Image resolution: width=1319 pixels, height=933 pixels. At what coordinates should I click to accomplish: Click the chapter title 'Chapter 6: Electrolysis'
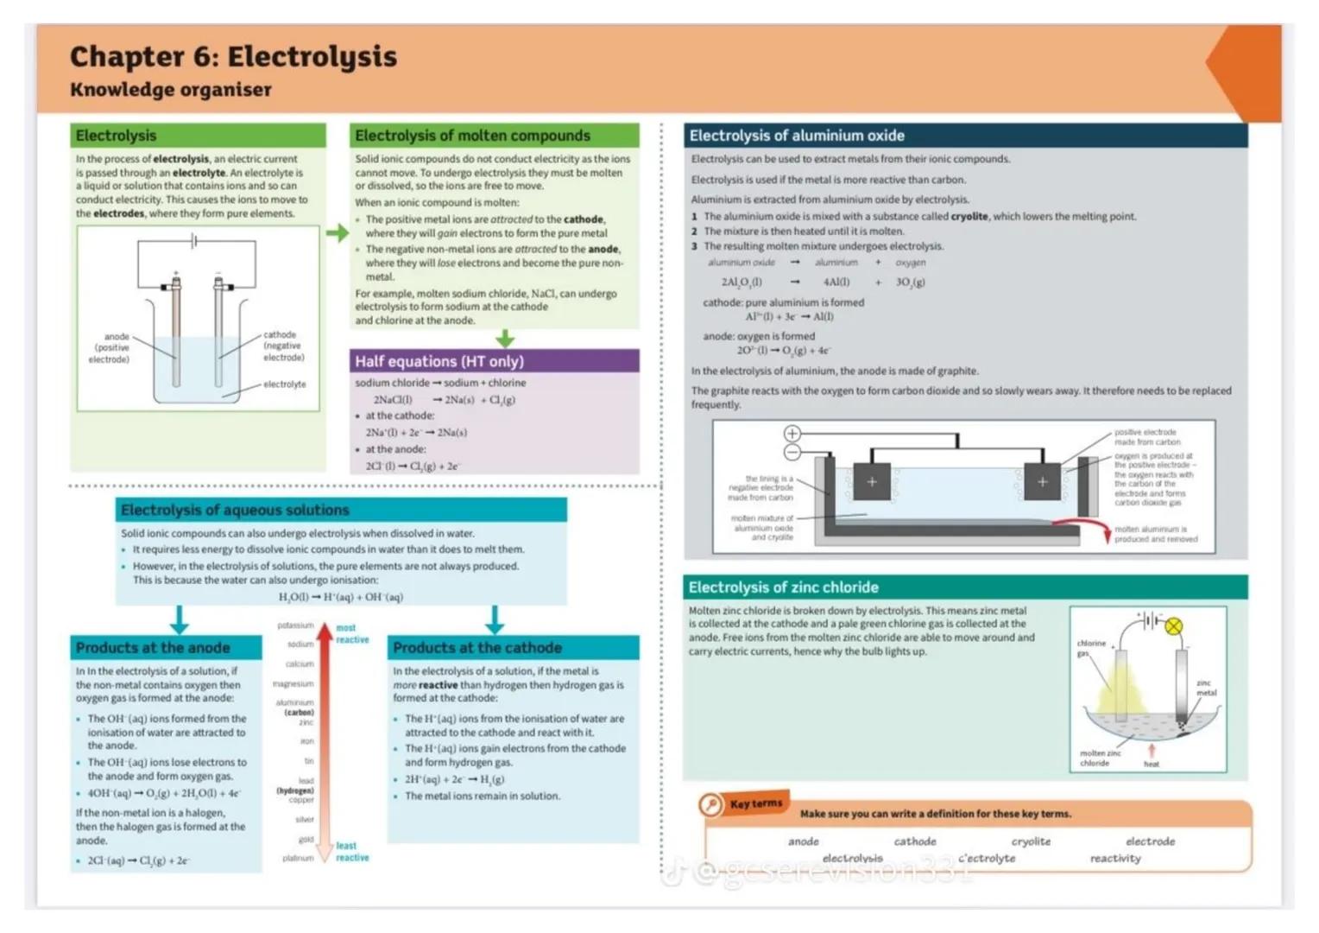[233, 57]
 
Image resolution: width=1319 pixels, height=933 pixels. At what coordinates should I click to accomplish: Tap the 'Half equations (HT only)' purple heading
[439, 361]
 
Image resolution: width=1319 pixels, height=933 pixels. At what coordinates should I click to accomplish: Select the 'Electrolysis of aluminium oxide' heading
[796, 136]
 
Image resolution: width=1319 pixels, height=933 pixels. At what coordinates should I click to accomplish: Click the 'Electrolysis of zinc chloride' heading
[783, 587]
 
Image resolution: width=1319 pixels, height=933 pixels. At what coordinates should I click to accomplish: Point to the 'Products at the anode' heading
[153, 648]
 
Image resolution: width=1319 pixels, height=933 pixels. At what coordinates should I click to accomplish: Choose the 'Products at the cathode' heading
[476, 648]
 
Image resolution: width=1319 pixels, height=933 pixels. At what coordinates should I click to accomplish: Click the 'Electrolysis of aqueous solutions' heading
[235, 510]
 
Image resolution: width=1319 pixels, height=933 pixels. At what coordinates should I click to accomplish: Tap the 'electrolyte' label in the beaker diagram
[284, 384]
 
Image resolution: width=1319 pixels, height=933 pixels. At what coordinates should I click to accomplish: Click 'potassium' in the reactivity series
[295, 625]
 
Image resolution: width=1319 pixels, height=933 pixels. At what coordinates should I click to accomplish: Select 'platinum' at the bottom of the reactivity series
[298, 858]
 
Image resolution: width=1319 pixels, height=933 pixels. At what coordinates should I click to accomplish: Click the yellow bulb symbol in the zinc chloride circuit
[1173, 626]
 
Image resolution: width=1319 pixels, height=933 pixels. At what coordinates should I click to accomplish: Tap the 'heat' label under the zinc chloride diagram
[1152, 764]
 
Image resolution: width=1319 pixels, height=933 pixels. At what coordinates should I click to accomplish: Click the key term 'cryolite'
[1031, 841]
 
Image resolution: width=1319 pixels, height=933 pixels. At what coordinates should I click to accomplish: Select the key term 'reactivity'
[1115, 859]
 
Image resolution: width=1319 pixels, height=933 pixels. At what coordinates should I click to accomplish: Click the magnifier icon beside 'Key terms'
[710, 805]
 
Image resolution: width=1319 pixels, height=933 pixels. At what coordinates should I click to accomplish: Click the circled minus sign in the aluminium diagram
[792, 452]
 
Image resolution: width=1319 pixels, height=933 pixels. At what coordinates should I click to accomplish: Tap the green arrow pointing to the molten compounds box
[338, 232]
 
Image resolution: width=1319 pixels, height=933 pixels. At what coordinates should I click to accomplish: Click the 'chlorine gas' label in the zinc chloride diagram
[1091, 648]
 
